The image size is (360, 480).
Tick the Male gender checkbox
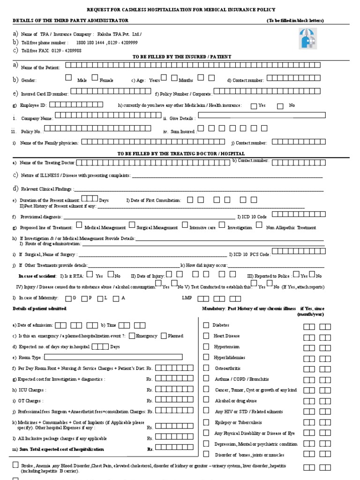click(69, 77)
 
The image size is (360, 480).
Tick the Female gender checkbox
click(95, 77)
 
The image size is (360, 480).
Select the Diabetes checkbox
click(206, 325)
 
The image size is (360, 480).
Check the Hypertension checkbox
click(206, 346)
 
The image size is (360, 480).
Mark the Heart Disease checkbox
click(206, 336)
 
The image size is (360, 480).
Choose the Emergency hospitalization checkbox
click(132, 335)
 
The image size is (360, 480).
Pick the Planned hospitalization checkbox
click(164, 335)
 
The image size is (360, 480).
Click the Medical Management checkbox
click(80, 225)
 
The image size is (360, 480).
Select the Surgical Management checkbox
click(132, 225)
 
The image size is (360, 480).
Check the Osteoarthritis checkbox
click(206, 368)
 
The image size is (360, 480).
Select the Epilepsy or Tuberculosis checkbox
click(206, 422)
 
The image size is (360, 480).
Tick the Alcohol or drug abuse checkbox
click(206, 400)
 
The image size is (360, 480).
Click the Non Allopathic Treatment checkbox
click(259, 225)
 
